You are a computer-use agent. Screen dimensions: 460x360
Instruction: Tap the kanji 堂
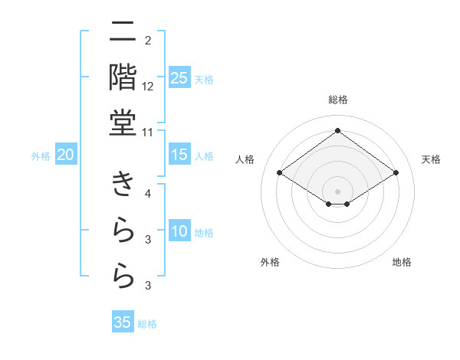[123, 122]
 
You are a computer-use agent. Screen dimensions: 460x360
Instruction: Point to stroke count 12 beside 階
[148, 86]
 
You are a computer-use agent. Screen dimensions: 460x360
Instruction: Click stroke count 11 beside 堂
[148, 132]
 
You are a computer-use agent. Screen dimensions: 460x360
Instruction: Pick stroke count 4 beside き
[148, 193]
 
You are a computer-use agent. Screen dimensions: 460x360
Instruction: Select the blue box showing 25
[179, 78]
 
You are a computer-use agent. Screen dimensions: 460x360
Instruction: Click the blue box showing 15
[179, 155]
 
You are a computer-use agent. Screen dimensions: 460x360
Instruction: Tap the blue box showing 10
[179, 232]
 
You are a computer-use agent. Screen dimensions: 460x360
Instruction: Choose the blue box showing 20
[66, 155]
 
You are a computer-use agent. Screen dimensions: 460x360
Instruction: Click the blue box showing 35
[123, 322]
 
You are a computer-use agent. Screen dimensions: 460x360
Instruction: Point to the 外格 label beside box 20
[41, 156]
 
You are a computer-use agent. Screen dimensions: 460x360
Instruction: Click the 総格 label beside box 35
[147, 323]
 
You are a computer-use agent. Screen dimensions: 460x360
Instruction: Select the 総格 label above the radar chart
[337, 100]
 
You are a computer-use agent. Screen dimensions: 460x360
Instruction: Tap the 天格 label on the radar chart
[432, 159]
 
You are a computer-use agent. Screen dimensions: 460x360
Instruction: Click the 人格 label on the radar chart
[245, 159]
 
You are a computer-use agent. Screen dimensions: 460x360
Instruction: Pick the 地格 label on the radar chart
[402, 262]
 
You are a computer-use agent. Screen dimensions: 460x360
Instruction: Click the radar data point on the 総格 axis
[337, 130]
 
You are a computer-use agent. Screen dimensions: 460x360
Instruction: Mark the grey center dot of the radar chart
[337, 191]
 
